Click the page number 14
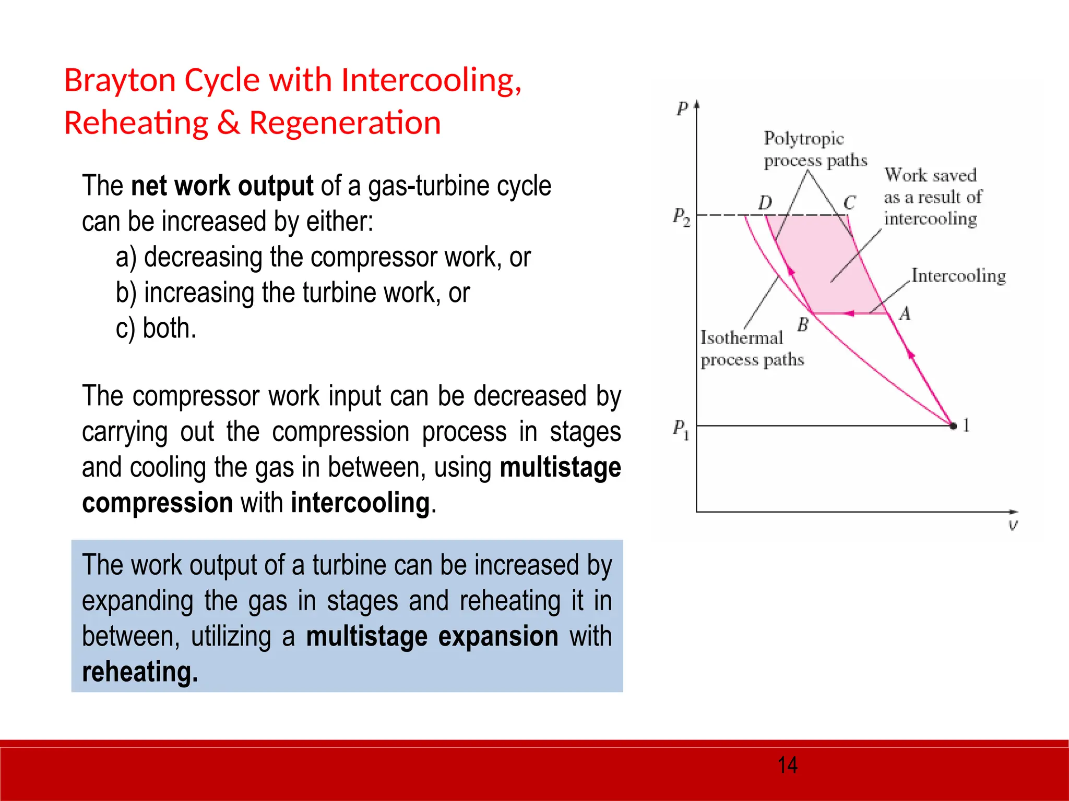point(787,766)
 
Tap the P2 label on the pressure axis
point(681,216)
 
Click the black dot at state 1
point(953,426)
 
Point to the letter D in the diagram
point(765,202)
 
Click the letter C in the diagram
point(849,202)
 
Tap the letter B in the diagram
point(803,325)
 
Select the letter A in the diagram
point(905,313)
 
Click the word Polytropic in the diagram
point(803,139)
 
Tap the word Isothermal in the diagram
point(741,338)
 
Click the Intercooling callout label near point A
point(958,276)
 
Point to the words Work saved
point(930,175)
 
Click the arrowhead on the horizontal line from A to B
point(849,313)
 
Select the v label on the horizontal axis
point(1013,525)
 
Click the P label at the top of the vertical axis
point(682,108)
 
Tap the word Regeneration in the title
point(345,123)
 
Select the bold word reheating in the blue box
point(139,672)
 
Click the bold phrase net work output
point(222,186)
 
